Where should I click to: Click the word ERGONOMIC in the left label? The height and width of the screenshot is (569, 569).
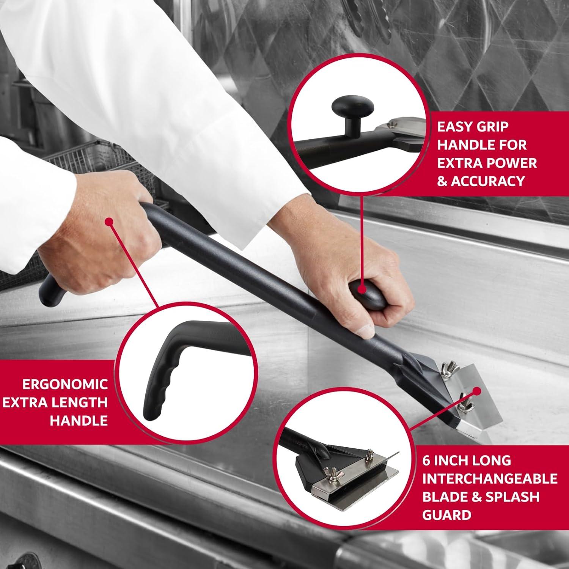65,384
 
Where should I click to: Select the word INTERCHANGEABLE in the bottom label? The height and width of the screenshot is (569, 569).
490,479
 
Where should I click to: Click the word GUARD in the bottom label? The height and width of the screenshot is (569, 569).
446,515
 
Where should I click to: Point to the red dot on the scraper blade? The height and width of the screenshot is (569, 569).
476,391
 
